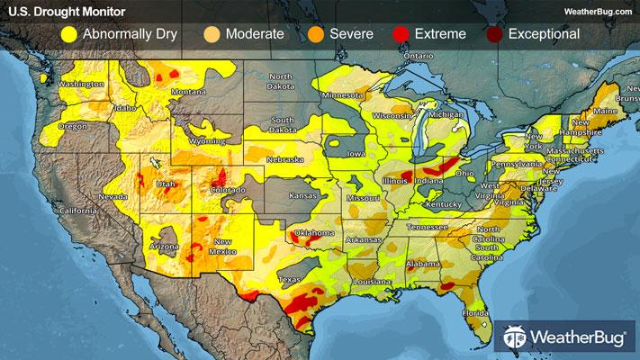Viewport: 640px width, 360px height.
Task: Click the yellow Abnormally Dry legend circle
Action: click(68, 35)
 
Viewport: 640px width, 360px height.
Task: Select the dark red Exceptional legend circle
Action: click(494, 35)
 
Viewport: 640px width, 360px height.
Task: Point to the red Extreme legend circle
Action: click(401, 35)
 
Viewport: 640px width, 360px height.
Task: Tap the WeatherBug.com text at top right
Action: click(595, 11)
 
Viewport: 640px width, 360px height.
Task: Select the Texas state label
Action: click(290, 280)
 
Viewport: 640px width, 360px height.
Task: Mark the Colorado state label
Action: click(229, 191)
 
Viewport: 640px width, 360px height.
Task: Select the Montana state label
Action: click(189, 92)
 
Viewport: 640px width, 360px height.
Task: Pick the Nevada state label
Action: click(113, 195)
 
